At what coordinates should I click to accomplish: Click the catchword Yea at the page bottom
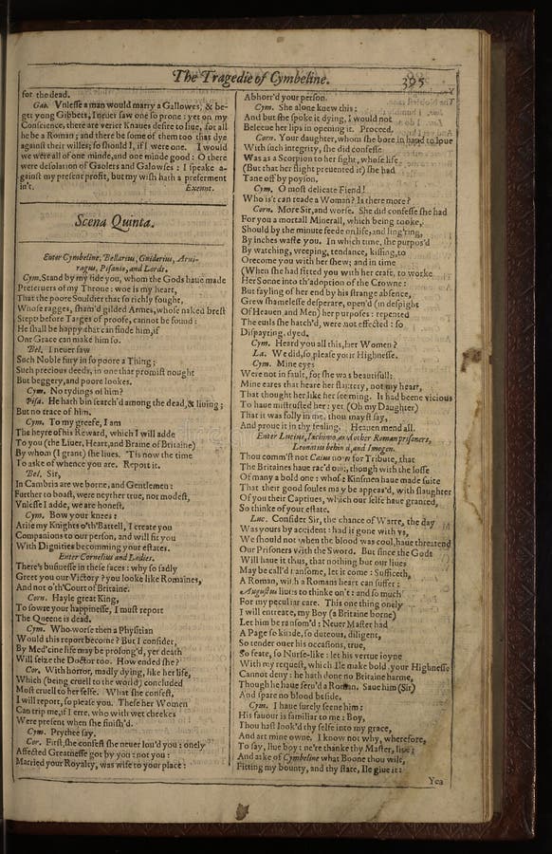(x=435, y=781)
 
